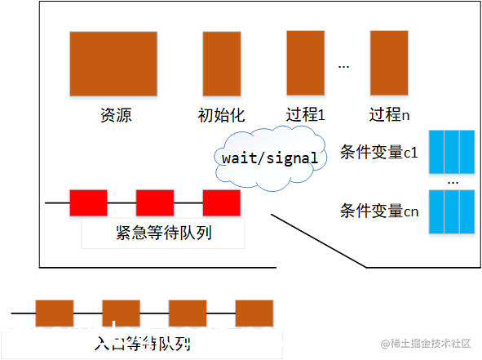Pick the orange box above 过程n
pyautogui.click(x=389, y=63)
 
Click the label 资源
pyautogui.click(x=115, y=115)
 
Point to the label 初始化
pyautogui.click(x=221, y=115)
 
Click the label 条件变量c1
pyautogui.click(x=378, y=152)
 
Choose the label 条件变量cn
pyautogui.click(x=378, y=211)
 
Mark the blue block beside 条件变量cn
pyautogui.click(x=452, y=211)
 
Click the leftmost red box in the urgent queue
pyautogui.click(x=88, y=202)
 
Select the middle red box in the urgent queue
pyautogui.click(x=155, y=202)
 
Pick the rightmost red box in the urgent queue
pyautogui.click(x=221, y=202)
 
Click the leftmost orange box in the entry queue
pyautogui.click(x=55, y=313)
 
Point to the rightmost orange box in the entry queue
pyautogui.click(x=254, y=313)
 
